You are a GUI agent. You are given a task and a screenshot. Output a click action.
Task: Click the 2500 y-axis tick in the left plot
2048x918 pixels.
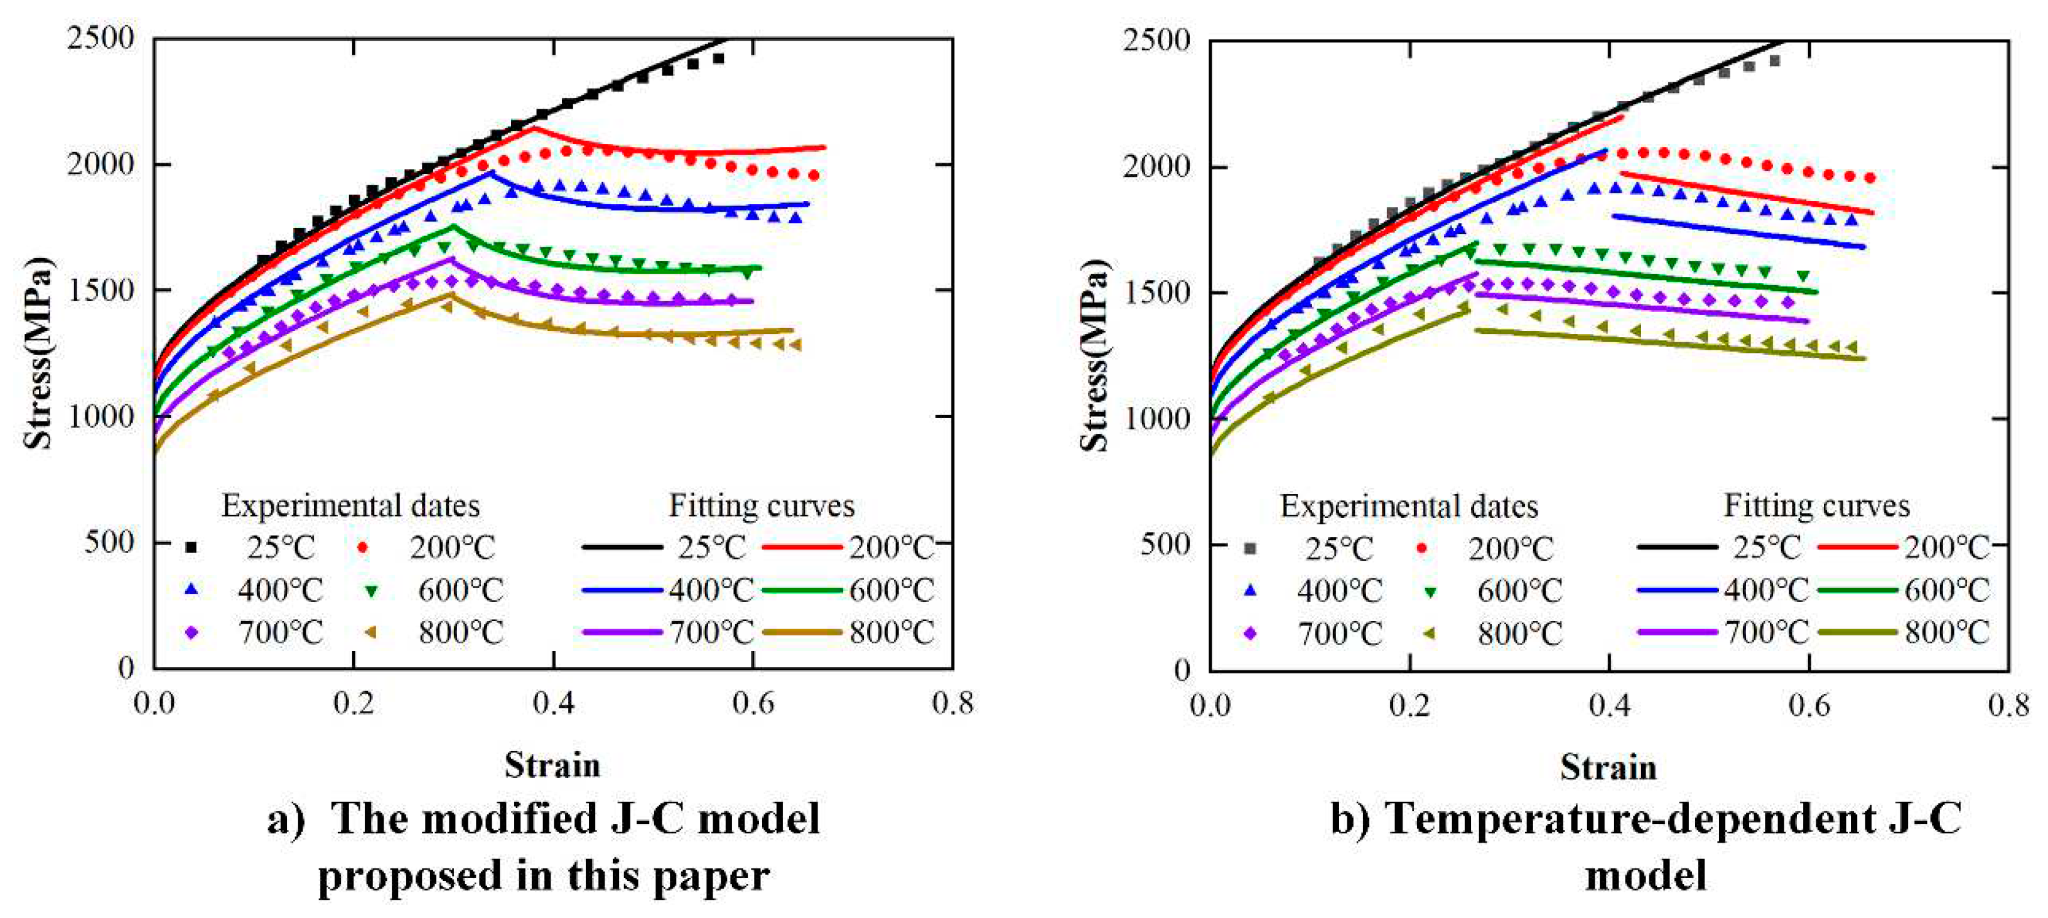pyautogui.click(x=100, y=38)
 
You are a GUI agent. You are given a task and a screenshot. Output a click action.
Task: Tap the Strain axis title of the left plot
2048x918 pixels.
pyautogui.click(x=552, y=765)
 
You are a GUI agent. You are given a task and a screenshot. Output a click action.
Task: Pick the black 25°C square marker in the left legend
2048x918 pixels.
pyautogui.click(x=190, y=548)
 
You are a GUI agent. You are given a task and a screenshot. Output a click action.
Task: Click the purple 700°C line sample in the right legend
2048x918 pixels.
pyautogui.click(x=1677, y=633)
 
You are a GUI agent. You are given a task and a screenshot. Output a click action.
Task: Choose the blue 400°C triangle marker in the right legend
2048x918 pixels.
pyautogui.click(x=1250, y=590)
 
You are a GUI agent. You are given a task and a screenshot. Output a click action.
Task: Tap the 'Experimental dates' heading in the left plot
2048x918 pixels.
pyautogui.click(x=350, y=505)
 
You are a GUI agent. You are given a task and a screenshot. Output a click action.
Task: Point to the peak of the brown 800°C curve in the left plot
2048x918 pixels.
pyautogui.click(x=451, y=294)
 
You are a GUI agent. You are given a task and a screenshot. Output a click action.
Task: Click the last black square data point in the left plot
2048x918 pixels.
pyautogui.click(x=719, y=58)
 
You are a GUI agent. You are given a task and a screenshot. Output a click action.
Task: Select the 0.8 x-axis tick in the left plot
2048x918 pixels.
pyautogui.click(x=952, y=703)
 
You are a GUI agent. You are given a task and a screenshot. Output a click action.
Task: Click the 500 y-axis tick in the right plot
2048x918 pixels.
pyautogui.click(x=1165, y=544)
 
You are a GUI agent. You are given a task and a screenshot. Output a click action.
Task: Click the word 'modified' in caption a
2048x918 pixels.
pyautogui.click(x=509, y=819)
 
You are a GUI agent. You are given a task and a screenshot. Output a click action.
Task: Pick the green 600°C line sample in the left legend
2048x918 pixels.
pyautogui.click(x=801, y=590)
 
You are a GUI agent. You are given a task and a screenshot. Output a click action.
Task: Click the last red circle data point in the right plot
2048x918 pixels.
pyautogui.click(x=1870, y=178)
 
